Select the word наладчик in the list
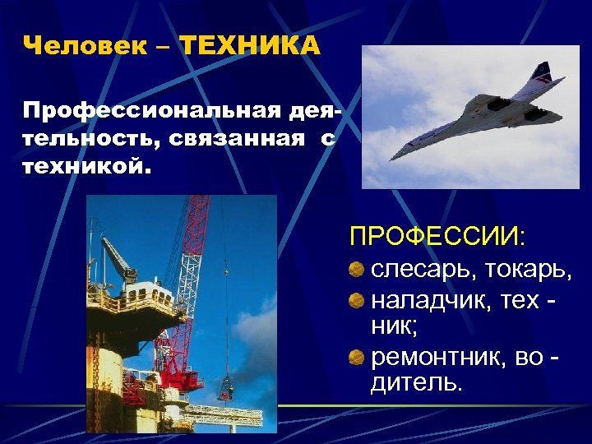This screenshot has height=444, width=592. tap(428, 301)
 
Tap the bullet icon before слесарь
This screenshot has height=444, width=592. tap(356, 269)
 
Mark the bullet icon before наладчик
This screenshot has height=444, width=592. tap(356, 301)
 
